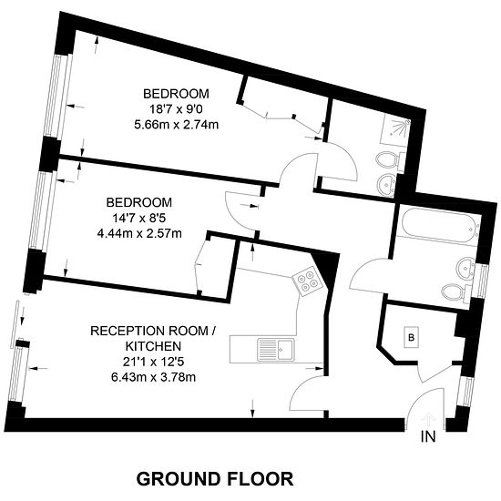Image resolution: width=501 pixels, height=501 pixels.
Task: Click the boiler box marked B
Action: point(411,337)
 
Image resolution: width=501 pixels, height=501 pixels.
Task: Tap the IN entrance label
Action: point(428,436)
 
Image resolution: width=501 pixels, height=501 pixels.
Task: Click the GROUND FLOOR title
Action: point(215,479)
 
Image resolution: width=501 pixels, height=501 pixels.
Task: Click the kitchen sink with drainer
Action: point(276,350)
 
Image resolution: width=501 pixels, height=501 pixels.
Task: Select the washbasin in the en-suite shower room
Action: point(387,185)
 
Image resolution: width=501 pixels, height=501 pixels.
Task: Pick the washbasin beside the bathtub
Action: point(466,267)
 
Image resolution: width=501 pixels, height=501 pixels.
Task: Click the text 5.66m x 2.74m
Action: point(177,125)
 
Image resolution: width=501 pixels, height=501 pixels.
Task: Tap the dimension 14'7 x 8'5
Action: point(139,219)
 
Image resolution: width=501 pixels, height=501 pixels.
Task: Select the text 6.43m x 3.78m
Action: point(153,377)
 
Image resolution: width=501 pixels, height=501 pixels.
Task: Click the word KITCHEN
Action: point(153,346)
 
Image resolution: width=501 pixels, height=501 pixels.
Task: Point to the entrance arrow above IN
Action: point(428,420)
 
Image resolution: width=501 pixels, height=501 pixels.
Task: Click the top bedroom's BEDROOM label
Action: point(176,94)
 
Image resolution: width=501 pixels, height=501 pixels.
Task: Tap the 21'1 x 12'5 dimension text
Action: point(153,362)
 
